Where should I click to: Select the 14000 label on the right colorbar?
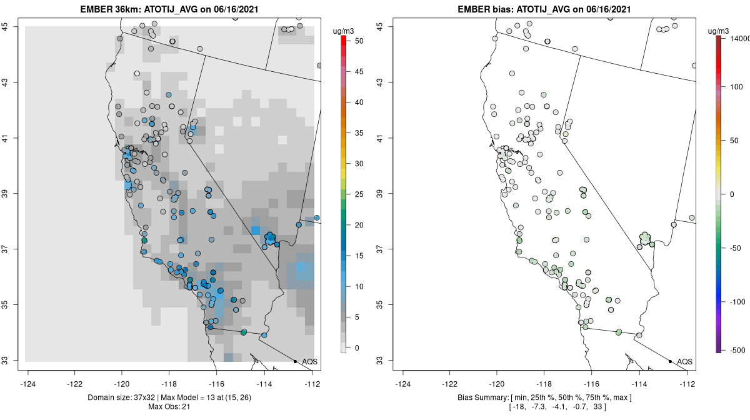click(x=737, y=39)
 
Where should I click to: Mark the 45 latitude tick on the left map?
click(x=12, y=26)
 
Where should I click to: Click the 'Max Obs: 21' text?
click(x=169, y=407)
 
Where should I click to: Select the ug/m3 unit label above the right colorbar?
click(x=722, y=31)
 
